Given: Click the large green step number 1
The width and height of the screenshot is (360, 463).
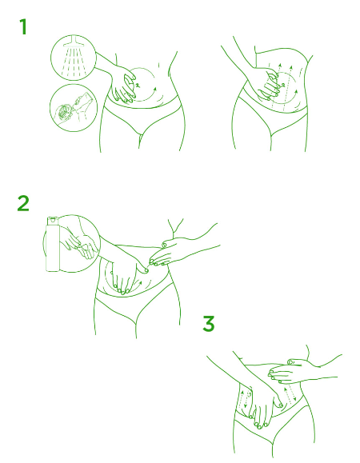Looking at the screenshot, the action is pyautogui.click(x=23, y=27).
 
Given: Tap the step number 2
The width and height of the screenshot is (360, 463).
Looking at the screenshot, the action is pyautogui.click(x=23, y=203).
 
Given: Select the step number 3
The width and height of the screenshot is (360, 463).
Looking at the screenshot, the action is pyautogui.click(x=209, y=324).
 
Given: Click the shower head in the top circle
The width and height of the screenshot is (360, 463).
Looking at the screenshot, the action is pyautogui.click(x=74, y=42).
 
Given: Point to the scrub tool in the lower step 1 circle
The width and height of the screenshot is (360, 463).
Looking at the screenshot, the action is pyautogui.click(x=64, y=112).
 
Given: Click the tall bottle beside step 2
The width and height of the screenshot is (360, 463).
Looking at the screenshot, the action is pyautogui.click(x=53, y=244).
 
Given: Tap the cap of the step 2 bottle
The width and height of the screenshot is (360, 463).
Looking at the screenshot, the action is pyautogui.click(x=53, y=220).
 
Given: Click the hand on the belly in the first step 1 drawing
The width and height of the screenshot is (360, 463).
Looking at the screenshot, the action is pyautogui.click(x=123, y=85).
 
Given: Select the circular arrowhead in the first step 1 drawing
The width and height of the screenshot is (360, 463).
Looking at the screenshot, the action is pyautogui.click(x=154, y=89).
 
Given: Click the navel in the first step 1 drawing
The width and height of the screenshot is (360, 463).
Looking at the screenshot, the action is pyautogui.click(x=138, y=86).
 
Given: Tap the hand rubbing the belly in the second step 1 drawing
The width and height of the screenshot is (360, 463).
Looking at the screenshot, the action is pyautogui.click(x=267, y=85).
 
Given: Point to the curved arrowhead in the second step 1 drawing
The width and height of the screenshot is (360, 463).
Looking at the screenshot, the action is pyautogui.click(x=296, y=92).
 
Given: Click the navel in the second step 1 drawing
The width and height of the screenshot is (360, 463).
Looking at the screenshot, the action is pyautogui.click(x=282, y=86).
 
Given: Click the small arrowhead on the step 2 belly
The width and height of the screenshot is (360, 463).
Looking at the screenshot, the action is pyautogui.click(x=141, y=283).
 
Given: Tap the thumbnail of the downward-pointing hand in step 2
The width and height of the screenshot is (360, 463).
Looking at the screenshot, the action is pyautogui.click(x=146, y=270).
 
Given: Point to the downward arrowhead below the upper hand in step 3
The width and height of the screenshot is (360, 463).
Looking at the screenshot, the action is pyautogui.click(x=294, y=400).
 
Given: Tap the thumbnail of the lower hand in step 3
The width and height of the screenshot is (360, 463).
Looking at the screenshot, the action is pyautogui.click(x=280, y=405).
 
